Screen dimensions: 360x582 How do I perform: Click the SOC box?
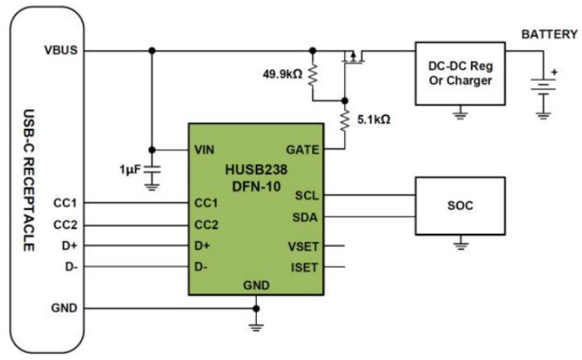tap(459, 206)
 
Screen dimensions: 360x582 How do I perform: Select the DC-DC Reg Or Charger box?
tap(460, 73)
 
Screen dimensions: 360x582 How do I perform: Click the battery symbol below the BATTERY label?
tap(543, 86)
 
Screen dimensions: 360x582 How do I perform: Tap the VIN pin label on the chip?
tap(204, 150)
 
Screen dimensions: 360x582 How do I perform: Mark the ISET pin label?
tap(305, 267)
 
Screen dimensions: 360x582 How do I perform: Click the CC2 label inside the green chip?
tap(206, 224)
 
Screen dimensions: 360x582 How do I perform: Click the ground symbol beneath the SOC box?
tap(459, 243)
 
